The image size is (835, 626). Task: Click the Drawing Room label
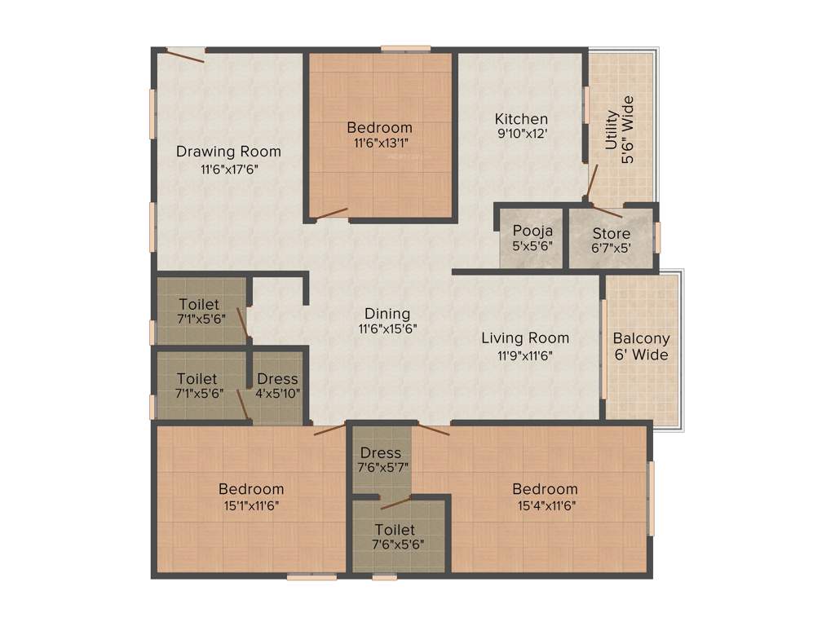click(x=228, y=152)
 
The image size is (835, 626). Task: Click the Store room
click(x=611, y=240)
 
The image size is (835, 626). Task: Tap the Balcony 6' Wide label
click(x=641, y=346)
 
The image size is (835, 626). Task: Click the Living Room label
click(x=525, y=337)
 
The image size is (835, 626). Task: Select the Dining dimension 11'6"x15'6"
click(x=387, y=329)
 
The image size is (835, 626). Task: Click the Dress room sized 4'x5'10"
click(x=277, y=386)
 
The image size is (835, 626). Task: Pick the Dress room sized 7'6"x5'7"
click(x=381, y=460)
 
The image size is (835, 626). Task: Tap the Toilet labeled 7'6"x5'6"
click(x=395, y=537)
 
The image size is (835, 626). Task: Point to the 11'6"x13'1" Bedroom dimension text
click(x=379, y=143)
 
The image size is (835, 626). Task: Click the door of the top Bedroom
click(x=332, y=214)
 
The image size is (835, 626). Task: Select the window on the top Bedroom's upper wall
click(x=405, y=49)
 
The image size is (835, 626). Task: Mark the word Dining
click(x=387, y=314)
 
